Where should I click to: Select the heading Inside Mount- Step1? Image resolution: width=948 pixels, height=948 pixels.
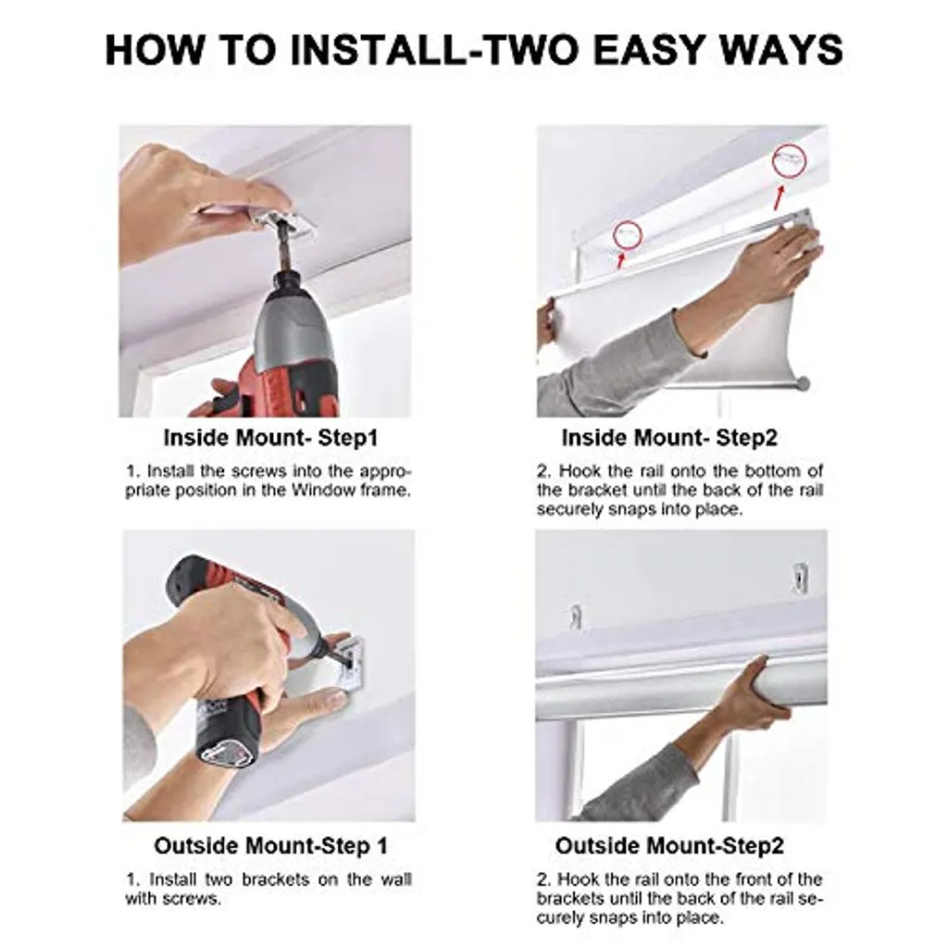[271, 438]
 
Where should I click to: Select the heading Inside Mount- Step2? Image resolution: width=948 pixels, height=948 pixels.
[669, 438]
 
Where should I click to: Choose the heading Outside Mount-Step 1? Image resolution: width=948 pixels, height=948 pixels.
[271, 845]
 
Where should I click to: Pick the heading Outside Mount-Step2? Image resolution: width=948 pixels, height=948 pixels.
[669, 845]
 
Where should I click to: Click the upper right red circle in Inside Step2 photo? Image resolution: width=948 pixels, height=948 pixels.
[789, 161]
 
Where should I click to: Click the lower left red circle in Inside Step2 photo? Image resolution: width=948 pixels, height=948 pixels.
[627, 235]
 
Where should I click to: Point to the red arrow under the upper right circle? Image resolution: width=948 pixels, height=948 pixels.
[780, 197]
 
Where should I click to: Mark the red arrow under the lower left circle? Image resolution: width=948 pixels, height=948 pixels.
[619, 259]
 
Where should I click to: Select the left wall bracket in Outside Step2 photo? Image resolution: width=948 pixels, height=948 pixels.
[575, 617]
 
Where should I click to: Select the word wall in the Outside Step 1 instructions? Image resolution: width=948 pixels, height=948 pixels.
[396, 879]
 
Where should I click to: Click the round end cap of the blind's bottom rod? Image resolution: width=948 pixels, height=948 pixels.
[803, 382]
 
